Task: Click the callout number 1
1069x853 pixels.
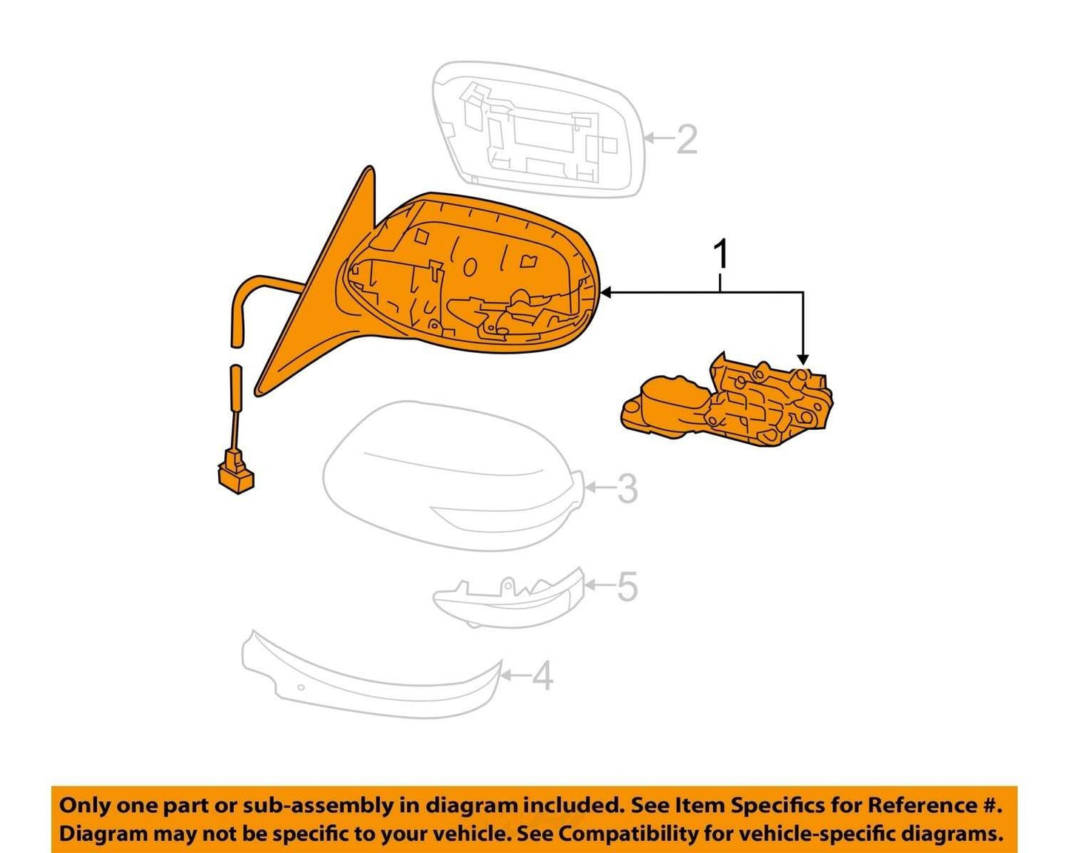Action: [721, 254]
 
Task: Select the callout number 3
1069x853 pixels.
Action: [627, 488]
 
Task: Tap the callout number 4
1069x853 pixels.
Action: [542, 675]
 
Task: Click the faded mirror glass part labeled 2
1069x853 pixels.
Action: [538, 129]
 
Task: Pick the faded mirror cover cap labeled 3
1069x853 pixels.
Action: [454, 477]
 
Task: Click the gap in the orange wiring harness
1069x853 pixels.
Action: [237, 354]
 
